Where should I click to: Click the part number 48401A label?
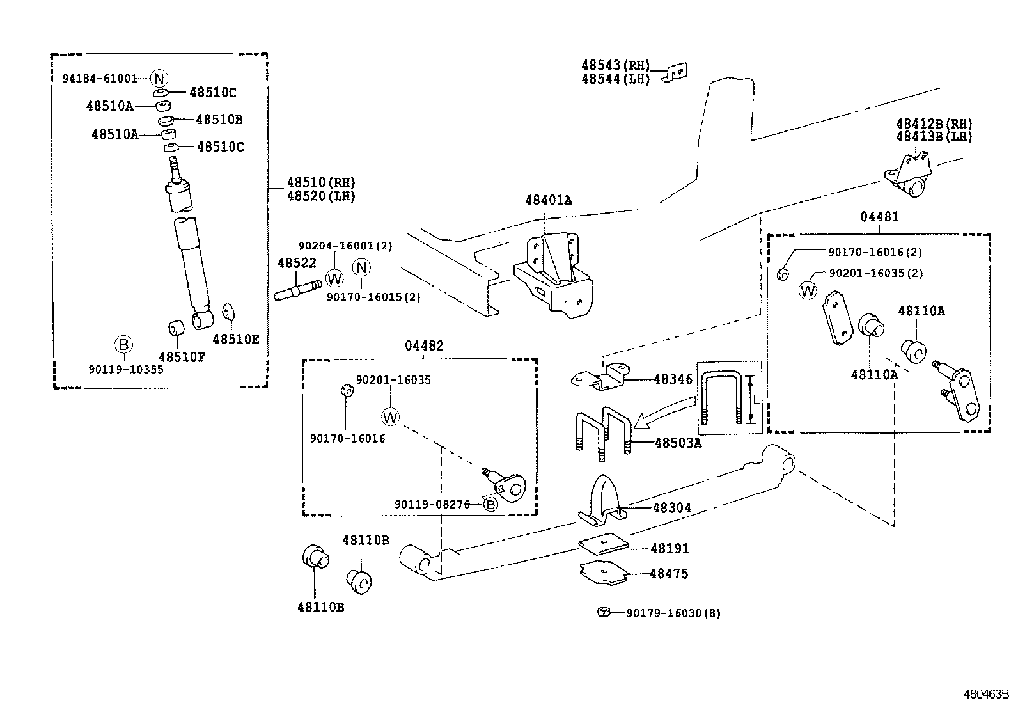pos(548,200)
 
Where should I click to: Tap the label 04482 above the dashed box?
pos(424,346)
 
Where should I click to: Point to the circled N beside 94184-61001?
pos(159,79)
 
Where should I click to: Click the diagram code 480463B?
pos(986,693)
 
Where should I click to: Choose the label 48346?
pos(673,379)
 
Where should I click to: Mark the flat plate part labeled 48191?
pos(604,543)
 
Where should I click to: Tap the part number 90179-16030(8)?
pos(673,613)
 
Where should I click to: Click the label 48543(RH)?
pos(615,65)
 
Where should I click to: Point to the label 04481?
pos(879,217)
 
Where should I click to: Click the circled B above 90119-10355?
pos(123,345)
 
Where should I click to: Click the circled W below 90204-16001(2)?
pos(334,278)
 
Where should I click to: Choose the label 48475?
pos(669,574)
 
